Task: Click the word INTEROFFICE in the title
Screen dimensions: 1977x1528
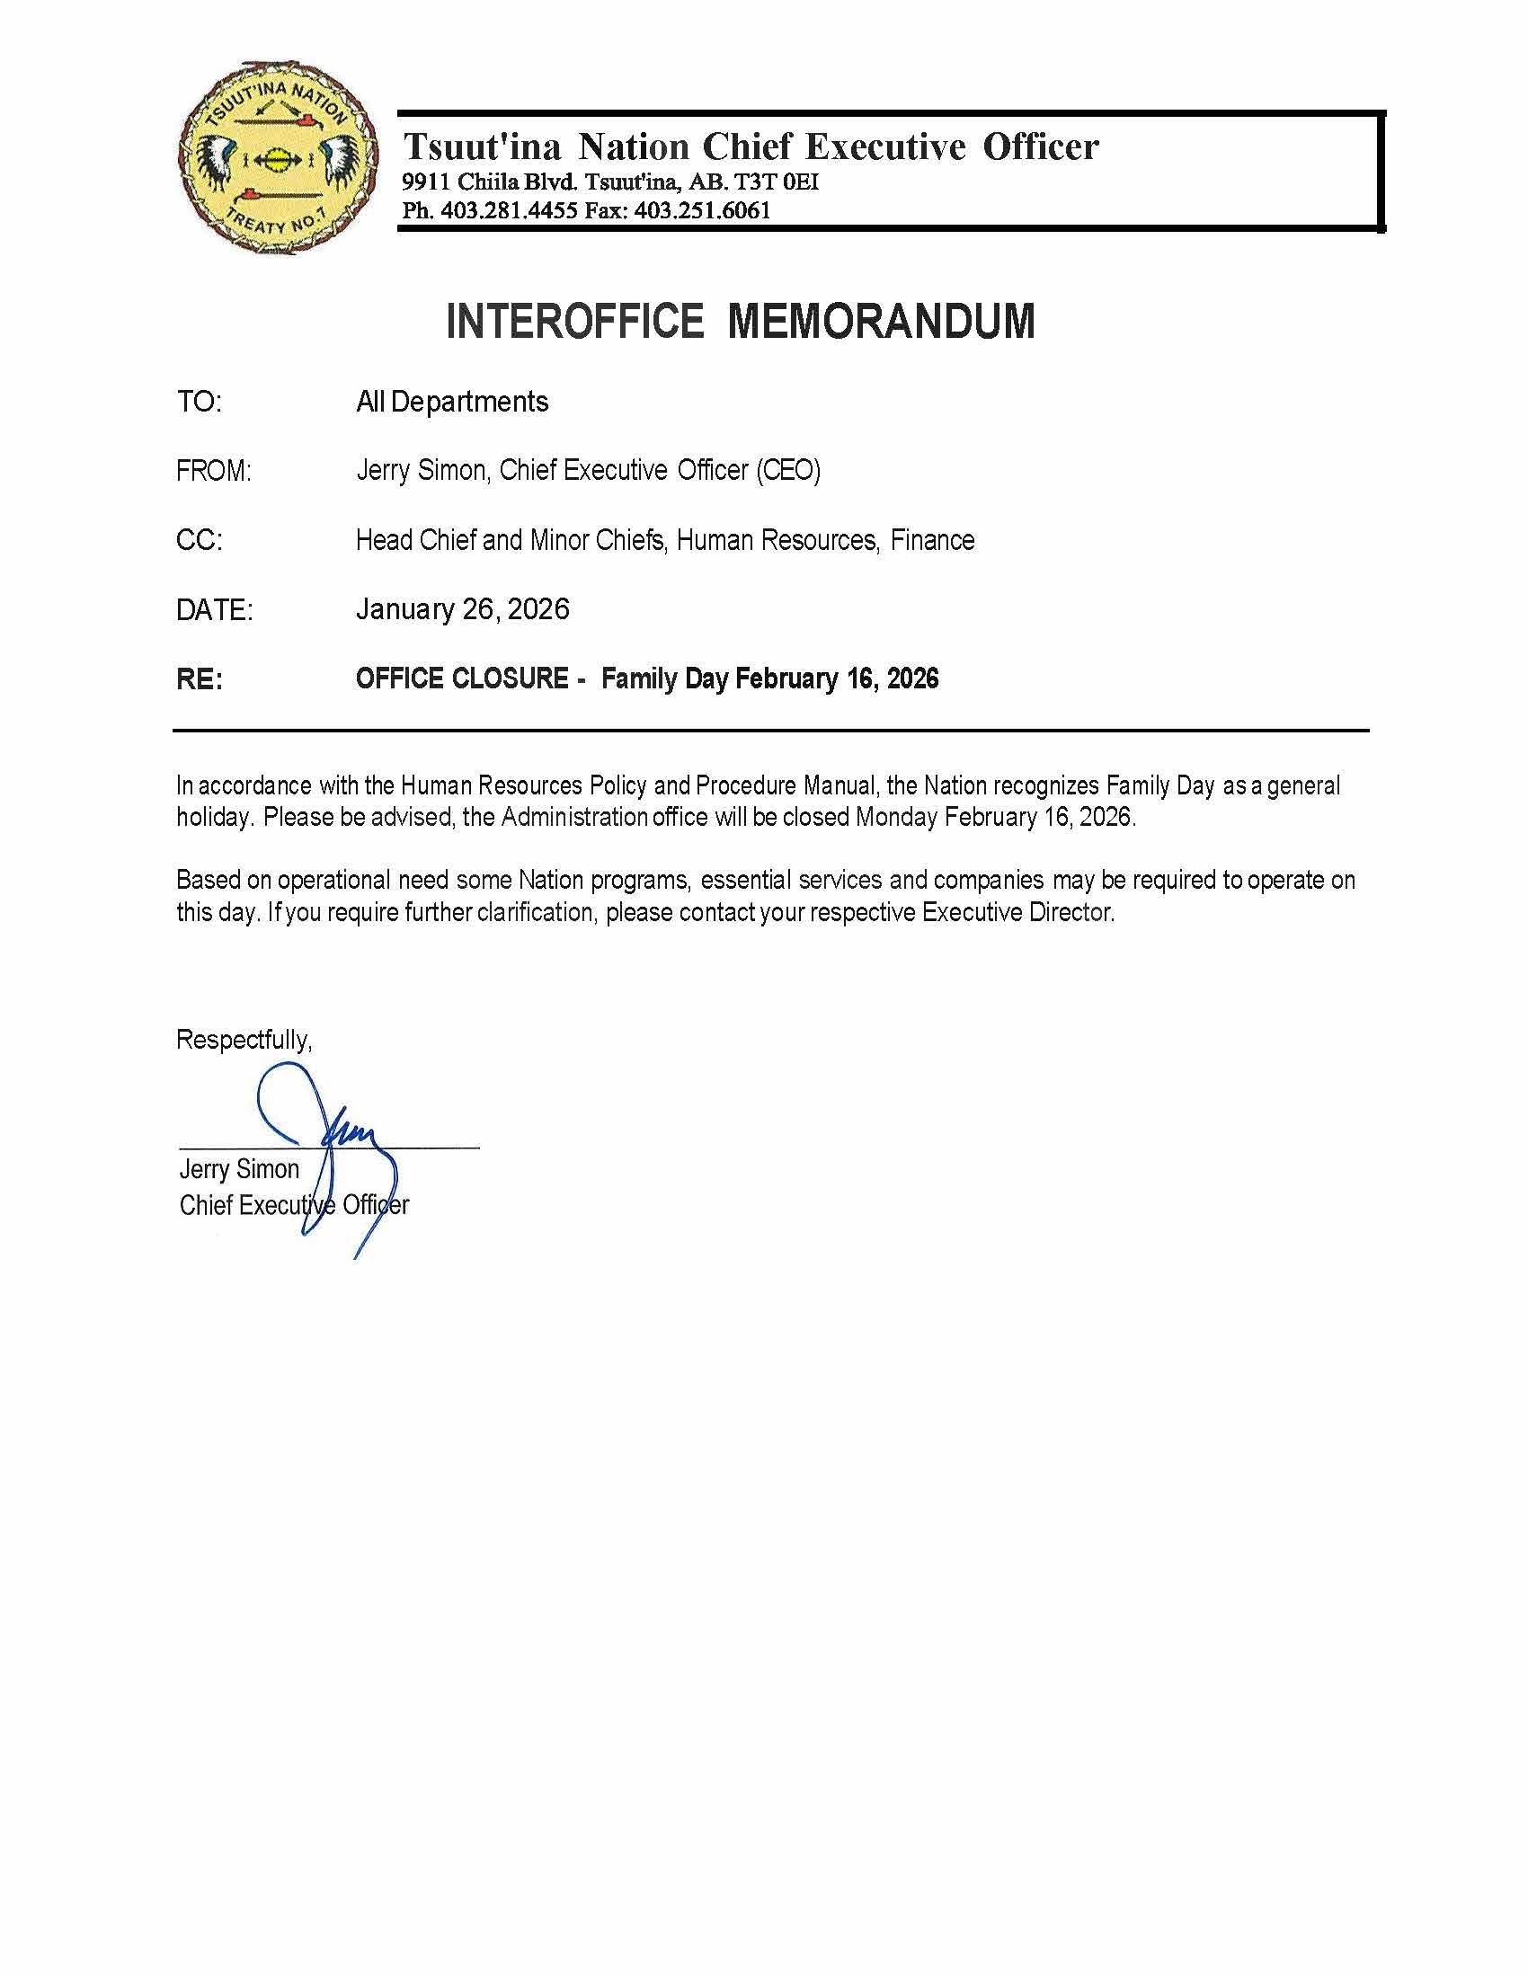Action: (575, 322)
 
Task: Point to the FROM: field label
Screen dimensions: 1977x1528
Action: (214, 472)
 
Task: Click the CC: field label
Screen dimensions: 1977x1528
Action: (200, 540)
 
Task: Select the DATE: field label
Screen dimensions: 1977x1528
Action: (215, 610)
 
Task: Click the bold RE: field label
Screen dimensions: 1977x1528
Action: (200, 678)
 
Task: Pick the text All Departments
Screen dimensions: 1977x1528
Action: (452, 402)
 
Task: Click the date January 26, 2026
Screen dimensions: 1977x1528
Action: (463, 609)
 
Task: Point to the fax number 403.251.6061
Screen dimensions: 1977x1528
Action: (703, 211)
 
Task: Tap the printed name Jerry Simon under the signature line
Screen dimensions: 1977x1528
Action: (239, 1169)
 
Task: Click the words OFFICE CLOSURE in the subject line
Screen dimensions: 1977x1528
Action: (462, 678)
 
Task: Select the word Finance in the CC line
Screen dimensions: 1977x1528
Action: (932, 540)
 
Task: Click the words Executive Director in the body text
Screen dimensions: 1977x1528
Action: (1017, 912)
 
